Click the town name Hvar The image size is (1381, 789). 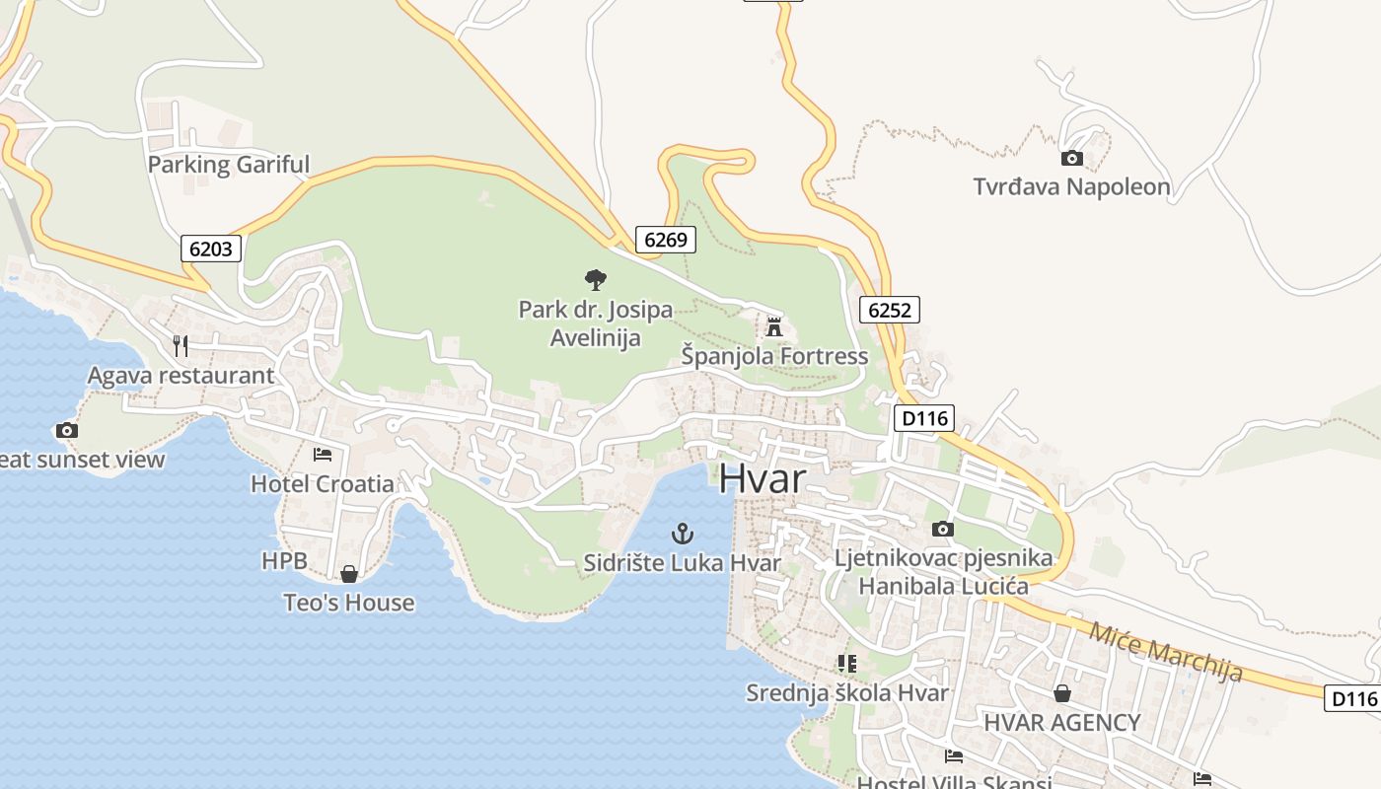[762, 478]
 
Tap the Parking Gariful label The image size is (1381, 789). [228, 165]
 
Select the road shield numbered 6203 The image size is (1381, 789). [211, 249]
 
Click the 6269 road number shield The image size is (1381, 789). [665, 240]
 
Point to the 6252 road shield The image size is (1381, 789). [889, 311]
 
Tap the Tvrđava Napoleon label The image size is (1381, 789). [1071, 186]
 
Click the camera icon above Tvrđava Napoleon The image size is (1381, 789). [1071, 158]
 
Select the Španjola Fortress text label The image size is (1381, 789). [774, 356]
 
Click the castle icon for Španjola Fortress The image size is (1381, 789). [774, 326]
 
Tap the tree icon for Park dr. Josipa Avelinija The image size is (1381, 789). [595, 280]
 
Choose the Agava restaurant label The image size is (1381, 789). [181, 376]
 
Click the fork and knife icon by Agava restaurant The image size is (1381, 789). [180, 345]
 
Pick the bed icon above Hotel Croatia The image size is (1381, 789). [322, 455]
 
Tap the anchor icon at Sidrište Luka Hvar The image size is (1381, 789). [682, 535]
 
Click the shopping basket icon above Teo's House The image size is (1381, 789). [348, 574]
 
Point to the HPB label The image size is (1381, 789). [284, 561]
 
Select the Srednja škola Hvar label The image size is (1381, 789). [846, 692]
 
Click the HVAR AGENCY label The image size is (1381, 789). [1061, 722]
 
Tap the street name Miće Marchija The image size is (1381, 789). [1165, 650]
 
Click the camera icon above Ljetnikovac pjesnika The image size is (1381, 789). [942, 530]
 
